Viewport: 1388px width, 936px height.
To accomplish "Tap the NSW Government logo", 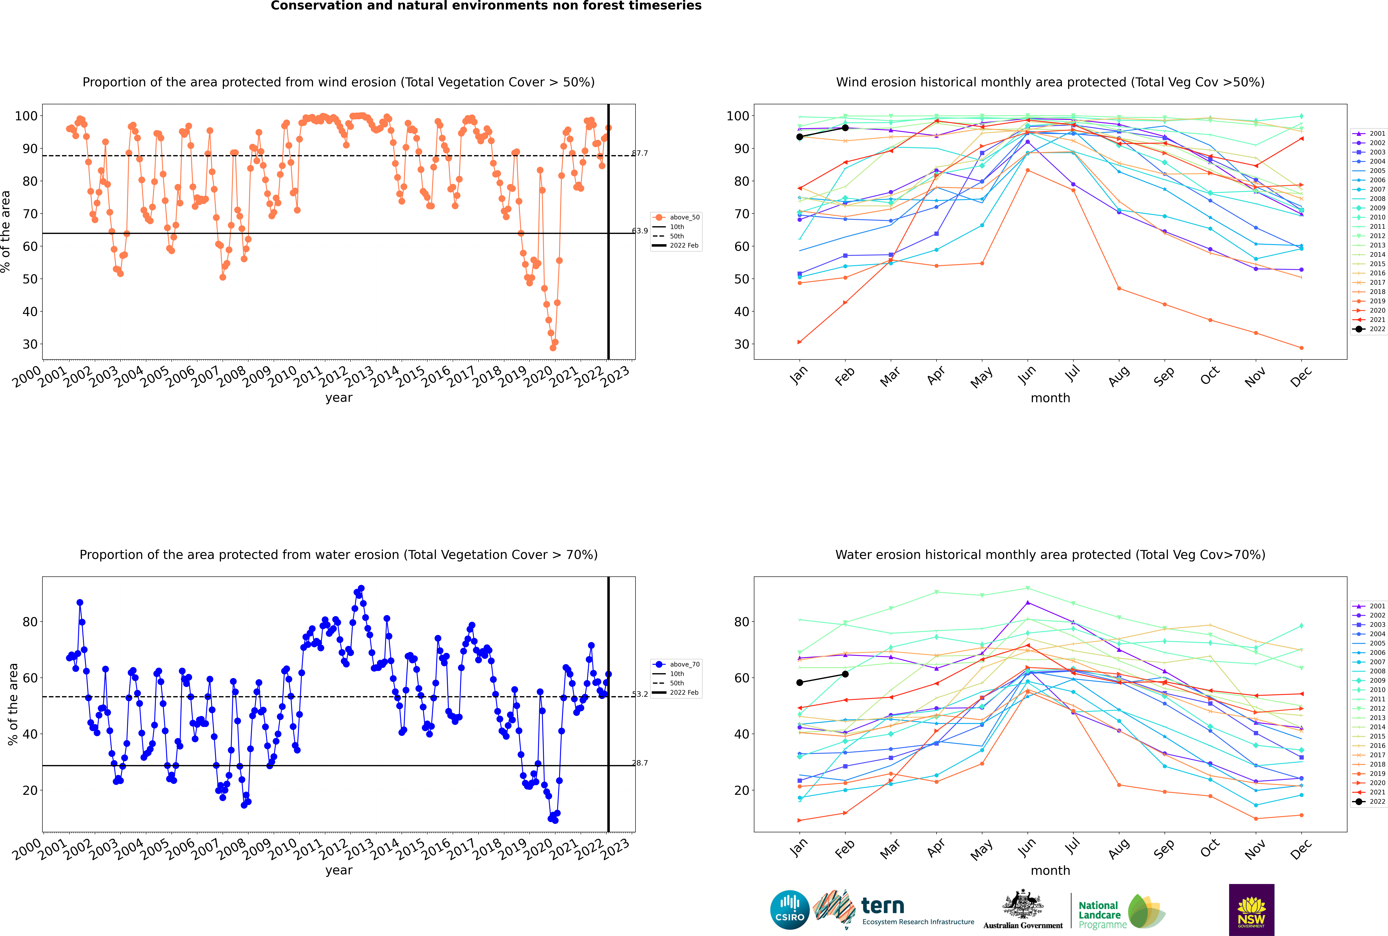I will click(x=1251, y=909).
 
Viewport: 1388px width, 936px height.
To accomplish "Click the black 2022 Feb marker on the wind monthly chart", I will click(x=845, y=128).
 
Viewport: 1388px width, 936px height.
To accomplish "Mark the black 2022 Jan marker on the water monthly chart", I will click(x=800, y=682).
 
